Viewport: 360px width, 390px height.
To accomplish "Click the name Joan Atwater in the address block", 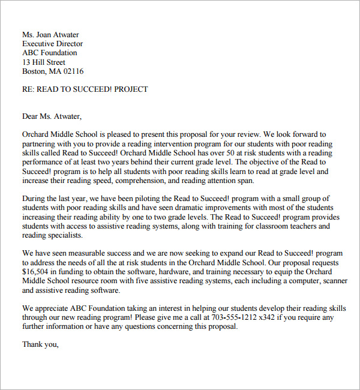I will (x=58, y=35).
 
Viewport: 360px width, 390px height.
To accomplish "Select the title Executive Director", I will (x=53, y=44).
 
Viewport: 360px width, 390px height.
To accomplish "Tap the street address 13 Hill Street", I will (x=44, y=62).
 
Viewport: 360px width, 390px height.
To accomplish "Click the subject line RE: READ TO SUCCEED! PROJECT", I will (x=85, y=89).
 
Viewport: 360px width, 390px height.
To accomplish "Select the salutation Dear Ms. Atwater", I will (x=52, y=116).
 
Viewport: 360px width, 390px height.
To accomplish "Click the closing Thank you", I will (x=40, y=344).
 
